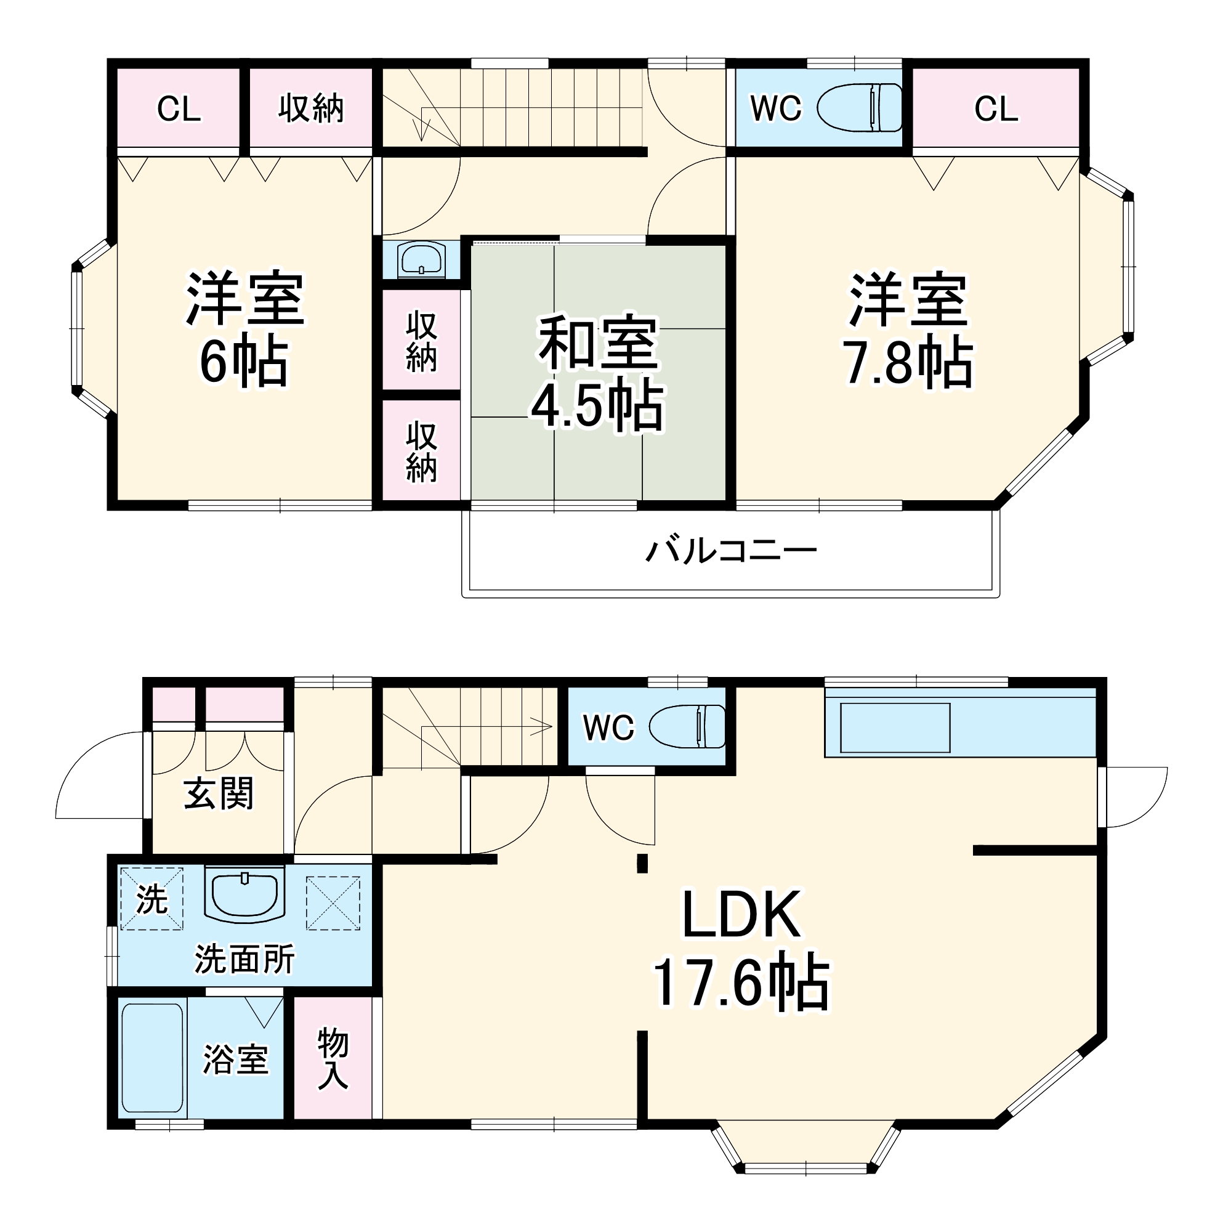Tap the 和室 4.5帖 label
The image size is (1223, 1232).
click(597, 373)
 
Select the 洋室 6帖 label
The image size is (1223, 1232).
click(244, 330)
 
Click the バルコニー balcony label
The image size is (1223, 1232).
click(731, 550)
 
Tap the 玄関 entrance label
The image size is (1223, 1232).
click(218, 794)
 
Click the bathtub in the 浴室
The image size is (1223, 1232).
click(152, 1058)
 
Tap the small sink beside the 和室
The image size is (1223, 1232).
click(421, 259)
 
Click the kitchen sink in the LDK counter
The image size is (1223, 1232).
click(895, 727)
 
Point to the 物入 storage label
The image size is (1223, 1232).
click(333, 1058)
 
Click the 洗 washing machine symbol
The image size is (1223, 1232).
click(151, 900)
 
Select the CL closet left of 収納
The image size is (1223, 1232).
click(179, 109)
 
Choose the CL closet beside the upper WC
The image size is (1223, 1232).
click(995, 109)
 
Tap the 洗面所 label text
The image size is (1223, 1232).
click(244, 959)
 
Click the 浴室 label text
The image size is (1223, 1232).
click(235, 1059)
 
